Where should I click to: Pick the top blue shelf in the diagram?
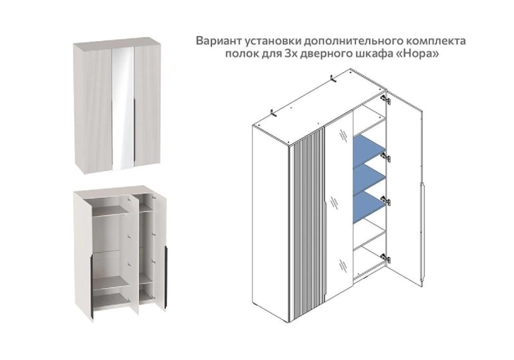[368, 145]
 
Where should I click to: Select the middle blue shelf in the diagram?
[368, 174]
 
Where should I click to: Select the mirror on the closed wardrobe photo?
[123, 108]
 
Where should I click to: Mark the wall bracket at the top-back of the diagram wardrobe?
[333, 78]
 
